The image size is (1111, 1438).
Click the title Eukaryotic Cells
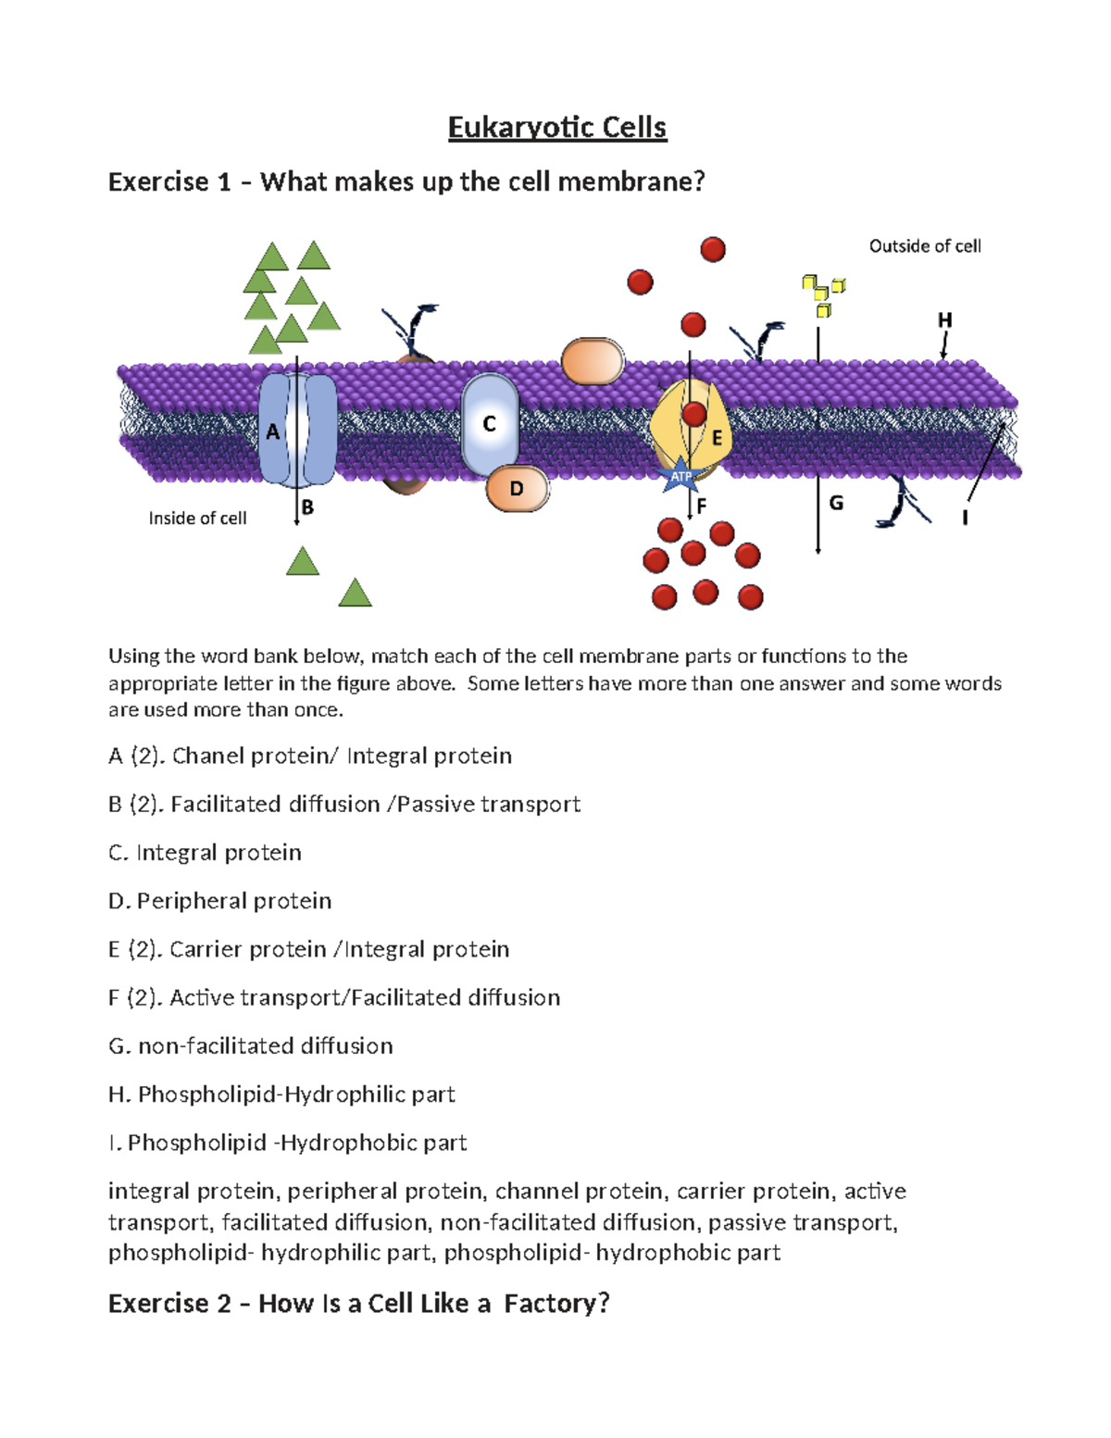(556, 127)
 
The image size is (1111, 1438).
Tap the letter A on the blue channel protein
(272, 431)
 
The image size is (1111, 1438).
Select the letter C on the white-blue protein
(490, 424)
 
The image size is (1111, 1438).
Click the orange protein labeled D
(517, 488)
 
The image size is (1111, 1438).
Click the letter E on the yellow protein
(717, 439)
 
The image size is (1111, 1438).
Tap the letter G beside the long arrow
(836, 503)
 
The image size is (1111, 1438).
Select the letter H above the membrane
(944, 320)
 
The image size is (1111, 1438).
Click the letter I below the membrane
(965, 519)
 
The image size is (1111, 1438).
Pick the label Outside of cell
(925, 246)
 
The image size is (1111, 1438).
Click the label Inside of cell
(197, 519)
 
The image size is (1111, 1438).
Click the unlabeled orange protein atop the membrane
(593, 361)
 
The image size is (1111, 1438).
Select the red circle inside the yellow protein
(694, 413)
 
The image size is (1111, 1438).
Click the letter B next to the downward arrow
(308, 507)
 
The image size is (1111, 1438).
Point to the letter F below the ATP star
(701, 506)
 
